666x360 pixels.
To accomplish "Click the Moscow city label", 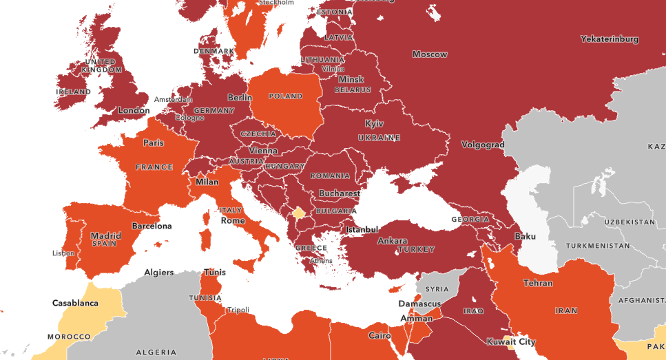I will pos(430,54).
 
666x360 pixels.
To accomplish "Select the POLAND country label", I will pos(285,96).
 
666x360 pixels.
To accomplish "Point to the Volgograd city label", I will pos(483,145).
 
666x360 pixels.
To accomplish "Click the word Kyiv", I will pos(374,124).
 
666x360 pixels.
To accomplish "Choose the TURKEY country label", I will pos(417,248).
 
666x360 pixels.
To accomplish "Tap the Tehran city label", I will pos(538,283).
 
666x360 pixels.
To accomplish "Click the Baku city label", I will pos(525,237).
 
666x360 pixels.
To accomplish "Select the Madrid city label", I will pos(105,235).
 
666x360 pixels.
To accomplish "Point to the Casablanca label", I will pos(75,302).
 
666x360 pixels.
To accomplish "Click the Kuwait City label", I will pos(510,341).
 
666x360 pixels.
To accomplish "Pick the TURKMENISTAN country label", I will pos(598,246).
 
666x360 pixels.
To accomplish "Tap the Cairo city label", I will pos(379,336).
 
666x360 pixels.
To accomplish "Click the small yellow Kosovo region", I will pos(299,213).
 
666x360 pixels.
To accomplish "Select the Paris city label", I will pos(153,143).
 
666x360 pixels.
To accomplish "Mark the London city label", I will pos(134,110).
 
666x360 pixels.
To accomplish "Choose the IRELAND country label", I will pos(73,92).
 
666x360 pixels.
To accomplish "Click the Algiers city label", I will pos(158,273).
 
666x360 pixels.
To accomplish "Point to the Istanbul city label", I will pos(362,229).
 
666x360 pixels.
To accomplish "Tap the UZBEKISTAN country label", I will pos(629,222).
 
